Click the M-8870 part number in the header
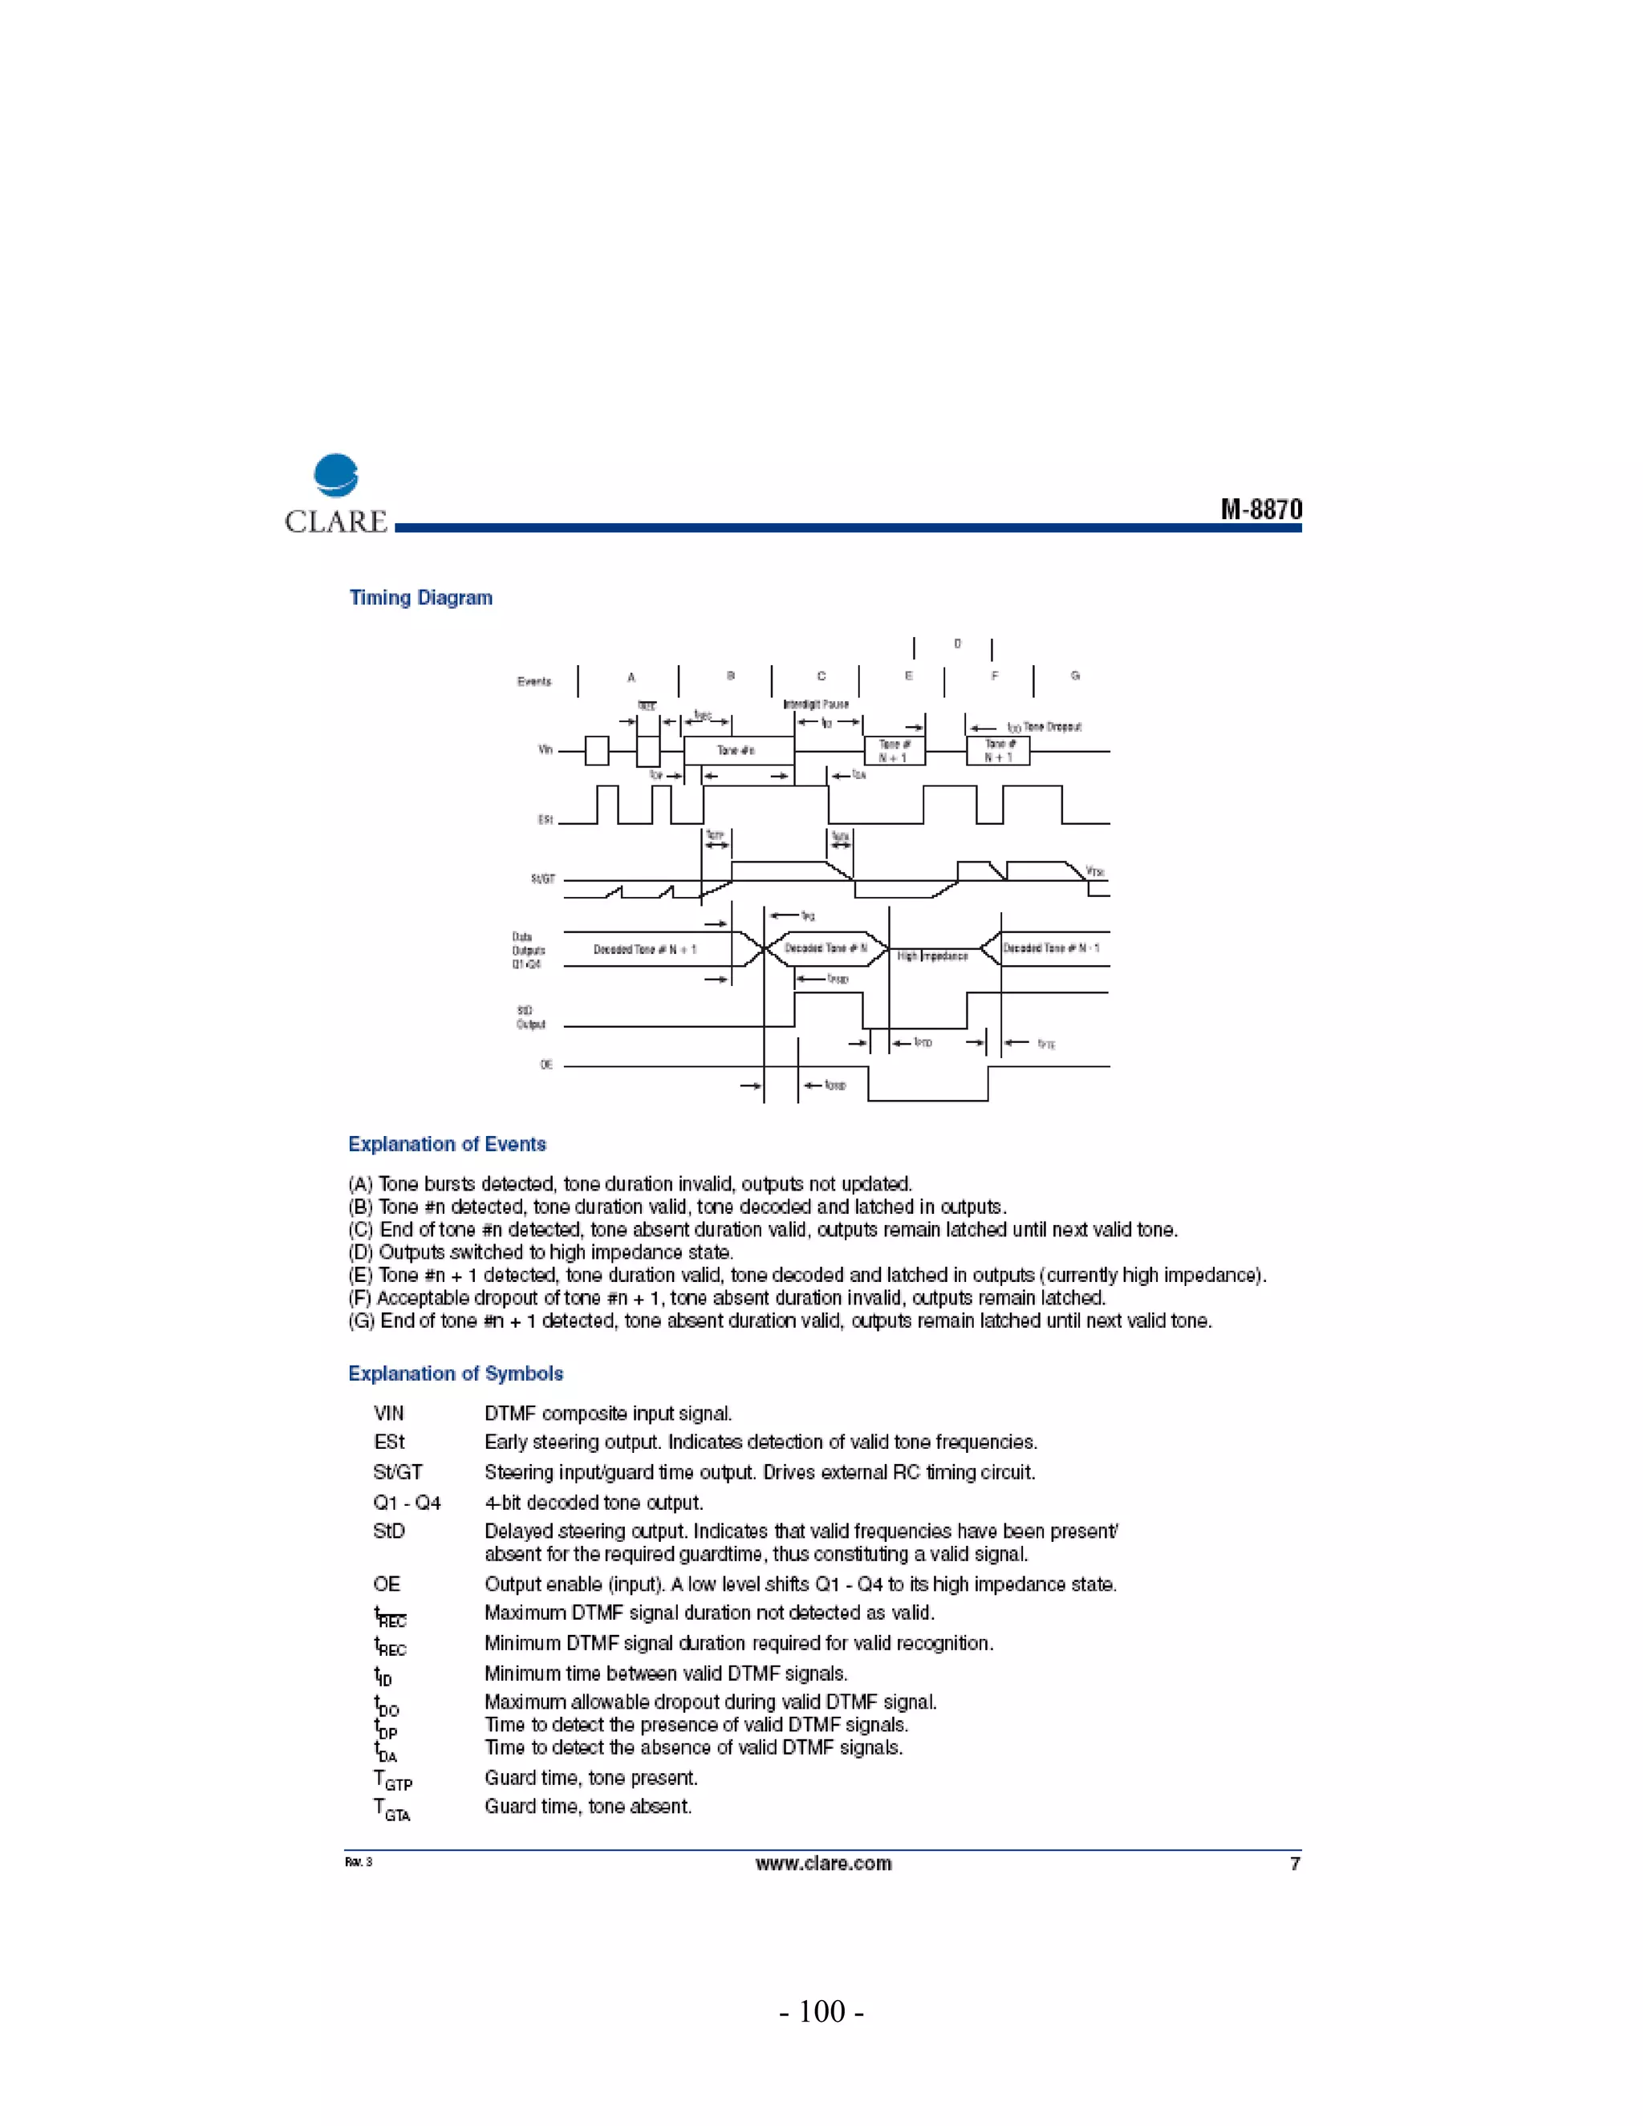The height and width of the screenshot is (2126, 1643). pyautogui.click(x=1260, y=510)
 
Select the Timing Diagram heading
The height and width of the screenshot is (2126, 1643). pyautogui.click(x=420, y=598)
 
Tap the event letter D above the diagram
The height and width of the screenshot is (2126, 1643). pyautogui.click(x=957, y=644)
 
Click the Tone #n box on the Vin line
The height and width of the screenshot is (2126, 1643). pyautogui.click(x=736, y=751)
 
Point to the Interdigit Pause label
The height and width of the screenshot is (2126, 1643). pyautogui.click(x=816, y=704)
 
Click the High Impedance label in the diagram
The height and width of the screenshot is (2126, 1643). pyautogui.click(x=931, y=956)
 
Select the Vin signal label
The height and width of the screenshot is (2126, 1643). pyautogui.click(x=545, y=749)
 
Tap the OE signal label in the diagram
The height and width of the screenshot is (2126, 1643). pyautogui.click(x=546, y=1065)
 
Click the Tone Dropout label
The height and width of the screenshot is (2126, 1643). pyautogui.click(x=1053, y=727)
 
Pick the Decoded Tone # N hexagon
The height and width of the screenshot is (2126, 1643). pyautogui.click(x=826, y=948)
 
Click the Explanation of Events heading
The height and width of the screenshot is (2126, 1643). pyautogui.click(x=447, y=1145)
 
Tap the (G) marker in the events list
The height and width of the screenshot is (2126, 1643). pyautogui.click(x=362, y=1321)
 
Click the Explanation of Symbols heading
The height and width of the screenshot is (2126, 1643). pyautogui.click(x=456, y=1373)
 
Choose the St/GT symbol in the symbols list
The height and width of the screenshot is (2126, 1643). pyautogui.click(x=397, y=1472)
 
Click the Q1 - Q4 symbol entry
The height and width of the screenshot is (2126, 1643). pyautogui.click(x=407, y=1503)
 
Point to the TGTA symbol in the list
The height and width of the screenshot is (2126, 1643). pyautogui.click(x=393, y=1808)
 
